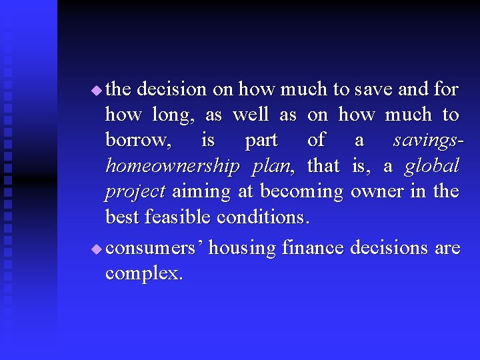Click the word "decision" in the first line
[x=171, y=89]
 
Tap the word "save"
[x=373, y=89]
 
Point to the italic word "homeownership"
[x=172, y=166]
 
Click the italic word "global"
[x=432, y=165]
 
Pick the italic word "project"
[x=135, y=192]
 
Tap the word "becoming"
[x=301, y=192]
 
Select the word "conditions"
[x=260, y=217]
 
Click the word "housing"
[x=243, y=249]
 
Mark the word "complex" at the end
[x=141, y=274]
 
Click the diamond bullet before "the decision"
[x=96, y=89]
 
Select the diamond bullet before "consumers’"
[x=96, y=249]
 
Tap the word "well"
[x=251, y=115]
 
